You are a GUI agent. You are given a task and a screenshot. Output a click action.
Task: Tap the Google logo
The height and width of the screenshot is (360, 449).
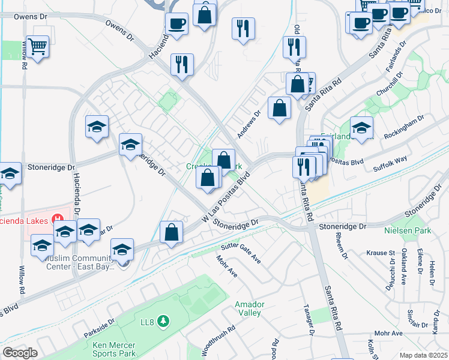[20, 353]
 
